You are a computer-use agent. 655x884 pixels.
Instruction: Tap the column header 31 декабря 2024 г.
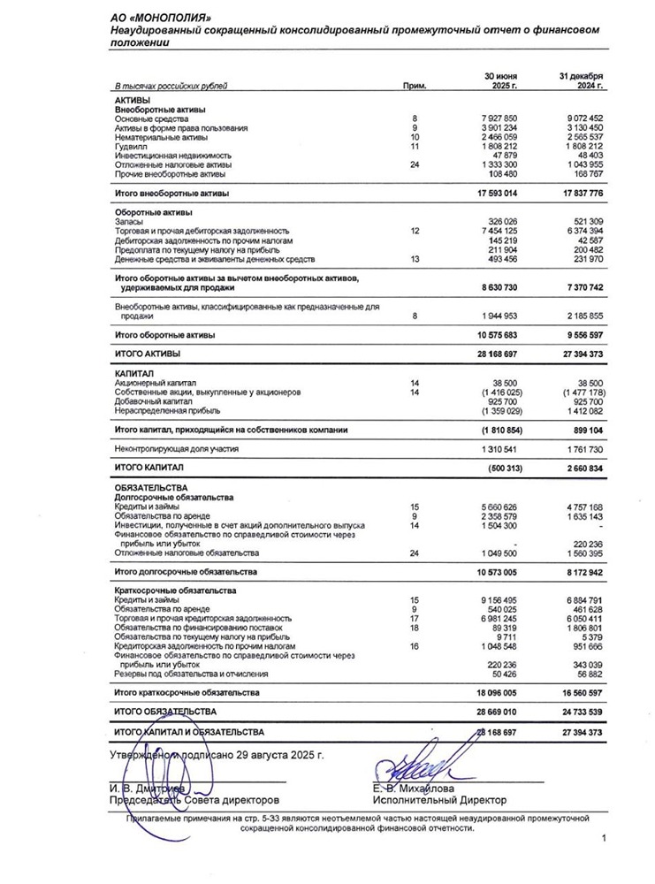pyautogui.click(x=581, y=81)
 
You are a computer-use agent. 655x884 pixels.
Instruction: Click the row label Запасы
pyautogui.click(x=131, y=222)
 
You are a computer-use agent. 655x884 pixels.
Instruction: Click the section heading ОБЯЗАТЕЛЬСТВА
pyautogui.click(x=151, y=488)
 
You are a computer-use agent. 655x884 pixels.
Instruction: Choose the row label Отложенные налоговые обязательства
pyautogui.click(x=187, y=553)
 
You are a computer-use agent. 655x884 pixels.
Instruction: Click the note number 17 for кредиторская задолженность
pyautogui.click(x=414, y=619)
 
